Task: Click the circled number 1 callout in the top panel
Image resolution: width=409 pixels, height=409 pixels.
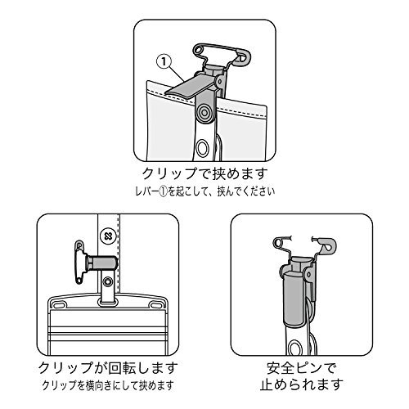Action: coord(164,62)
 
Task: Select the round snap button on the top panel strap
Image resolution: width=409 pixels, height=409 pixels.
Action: coord(204,111)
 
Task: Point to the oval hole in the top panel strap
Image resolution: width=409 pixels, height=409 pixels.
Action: coord(203,148)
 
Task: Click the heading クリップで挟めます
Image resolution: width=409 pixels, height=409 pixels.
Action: coord(204,173)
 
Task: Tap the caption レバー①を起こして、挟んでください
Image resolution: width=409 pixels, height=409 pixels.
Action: coord(204,191)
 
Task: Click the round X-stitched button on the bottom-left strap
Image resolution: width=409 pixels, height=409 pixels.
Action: coord(108,236)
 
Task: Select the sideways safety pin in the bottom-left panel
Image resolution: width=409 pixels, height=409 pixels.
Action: coord(79,262)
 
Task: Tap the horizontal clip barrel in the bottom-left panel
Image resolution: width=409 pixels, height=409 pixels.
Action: coord(102,263)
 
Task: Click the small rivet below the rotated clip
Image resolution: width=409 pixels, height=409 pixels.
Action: coord(109,281)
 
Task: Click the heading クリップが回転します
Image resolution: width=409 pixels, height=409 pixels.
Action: coord(108,368)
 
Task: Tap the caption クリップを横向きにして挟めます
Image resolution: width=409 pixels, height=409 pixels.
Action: coord(108,385)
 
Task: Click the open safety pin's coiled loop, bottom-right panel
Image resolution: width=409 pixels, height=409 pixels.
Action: coord(278,242)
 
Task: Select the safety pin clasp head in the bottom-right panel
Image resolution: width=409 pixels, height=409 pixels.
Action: coord(328,245)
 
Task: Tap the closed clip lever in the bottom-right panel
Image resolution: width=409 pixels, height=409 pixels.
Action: coord(294,298)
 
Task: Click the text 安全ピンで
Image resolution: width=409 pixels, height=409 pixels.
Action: coord(301,368)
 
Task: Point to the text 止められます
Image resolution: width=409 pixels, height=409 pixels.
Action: coord(301,384)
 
